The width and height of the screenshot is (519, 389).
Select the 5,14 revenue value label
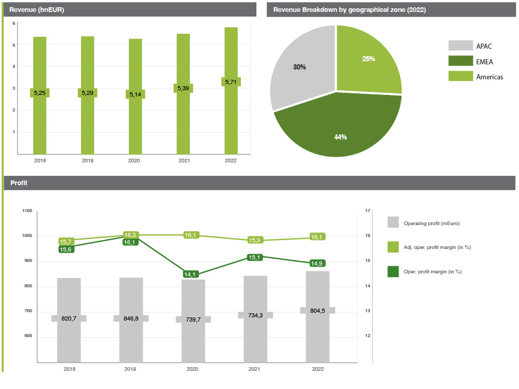135,94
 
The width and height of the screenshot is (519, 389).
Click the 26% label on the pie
368,59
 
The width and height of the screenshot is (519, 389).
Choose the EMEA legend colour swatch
460,61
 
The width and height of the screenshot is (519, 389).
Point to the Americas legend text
489,77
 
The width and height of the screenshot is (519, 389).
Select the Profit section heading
19,183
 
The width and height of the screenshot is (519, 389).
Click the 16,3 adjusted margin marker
130,235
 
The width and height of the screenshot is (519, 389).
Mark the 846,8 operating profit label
131,318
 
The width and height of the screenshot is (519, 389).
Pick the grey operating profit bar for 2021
255,337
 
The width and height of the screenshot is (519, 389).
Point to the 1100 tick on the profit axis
27,211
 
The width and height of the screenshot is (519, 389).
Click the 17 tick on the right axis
367,211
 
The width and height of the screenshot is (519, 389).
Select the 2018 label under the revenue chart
39,161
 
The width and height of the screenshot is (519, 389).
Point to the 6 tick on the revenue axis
14,23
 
